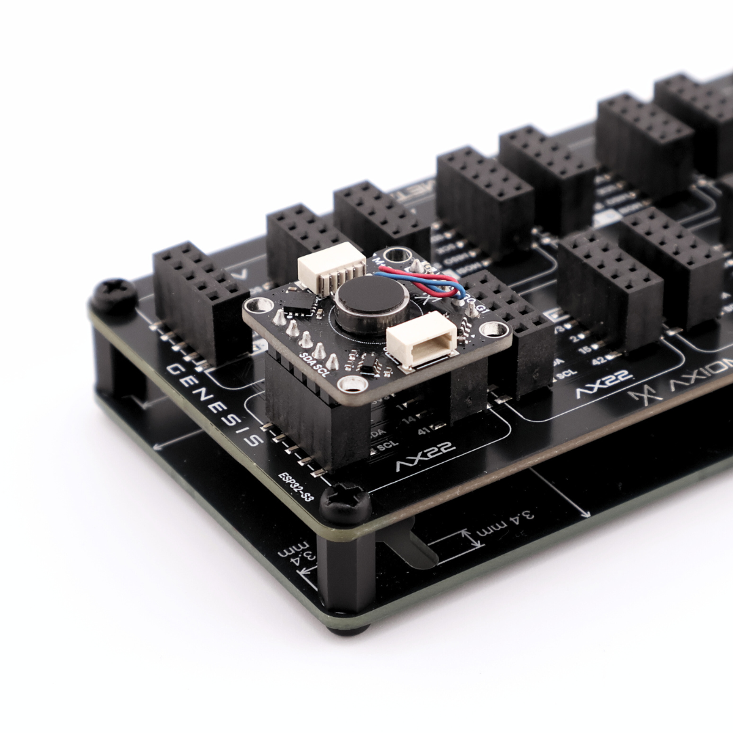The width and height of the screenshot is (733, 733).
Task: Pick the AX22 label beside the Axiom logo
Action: click(x=605, y=385)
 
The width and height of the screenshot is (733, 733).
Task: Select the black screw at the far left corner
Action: click(x=113, y=295)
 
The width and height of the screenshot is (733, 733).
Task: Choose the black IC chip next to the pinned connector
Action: click(x=298, y=303)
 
